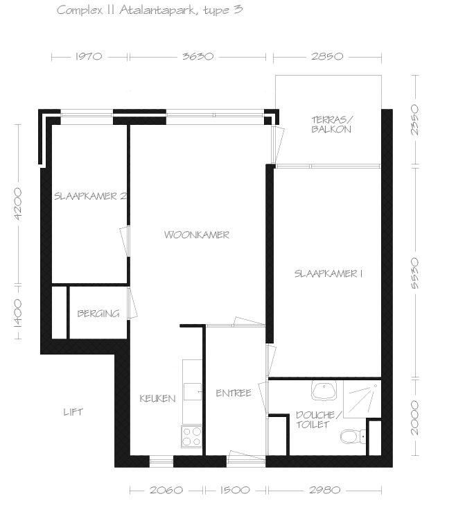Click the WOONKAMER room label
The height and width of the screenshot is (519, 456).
(x=197, y=235)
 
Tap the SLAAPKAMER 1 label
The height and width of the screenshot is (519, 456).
(x=328, y=274)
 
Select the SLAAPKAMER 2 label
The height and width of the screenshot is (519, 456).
(x=90, y=196)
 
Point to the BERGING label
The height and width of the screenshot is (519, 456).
(x=98, y=314)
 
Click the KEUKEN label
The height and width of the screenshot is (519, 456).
(x=157, y=398)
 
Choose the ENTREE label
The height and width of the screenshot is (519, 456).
(x=234, y=393)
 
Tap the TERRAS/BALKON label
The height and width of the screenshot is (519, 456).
(x=332, y=124)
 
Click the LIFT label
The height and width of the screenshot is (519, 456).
(x=73, y=412)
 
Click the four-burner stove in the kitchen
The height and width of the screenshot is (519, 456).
(x=192, y=436)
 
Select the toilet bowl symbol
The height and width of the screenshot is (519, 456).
(x=353, y=437)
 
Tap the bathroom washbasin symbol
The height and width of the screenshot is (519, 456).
(x=324, y=390)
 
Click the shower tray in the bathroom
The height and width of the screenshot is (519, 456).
(x=362, y=399)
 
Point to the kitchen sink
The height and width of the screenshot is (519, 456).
(x=193, y=391)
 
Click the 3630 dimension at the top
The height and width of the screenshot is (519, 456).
(x=198, y=56)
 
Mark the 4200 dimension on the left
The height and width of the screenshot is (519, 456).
(x=18, y=204)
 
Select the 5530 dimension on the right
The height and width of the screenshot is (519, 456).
(x=415, y=273)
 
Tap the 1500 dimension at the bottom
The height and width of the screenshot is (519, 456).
(x=235, y=490)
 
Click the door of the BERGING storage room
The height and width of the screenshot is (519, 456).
(x=132, y=303)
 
